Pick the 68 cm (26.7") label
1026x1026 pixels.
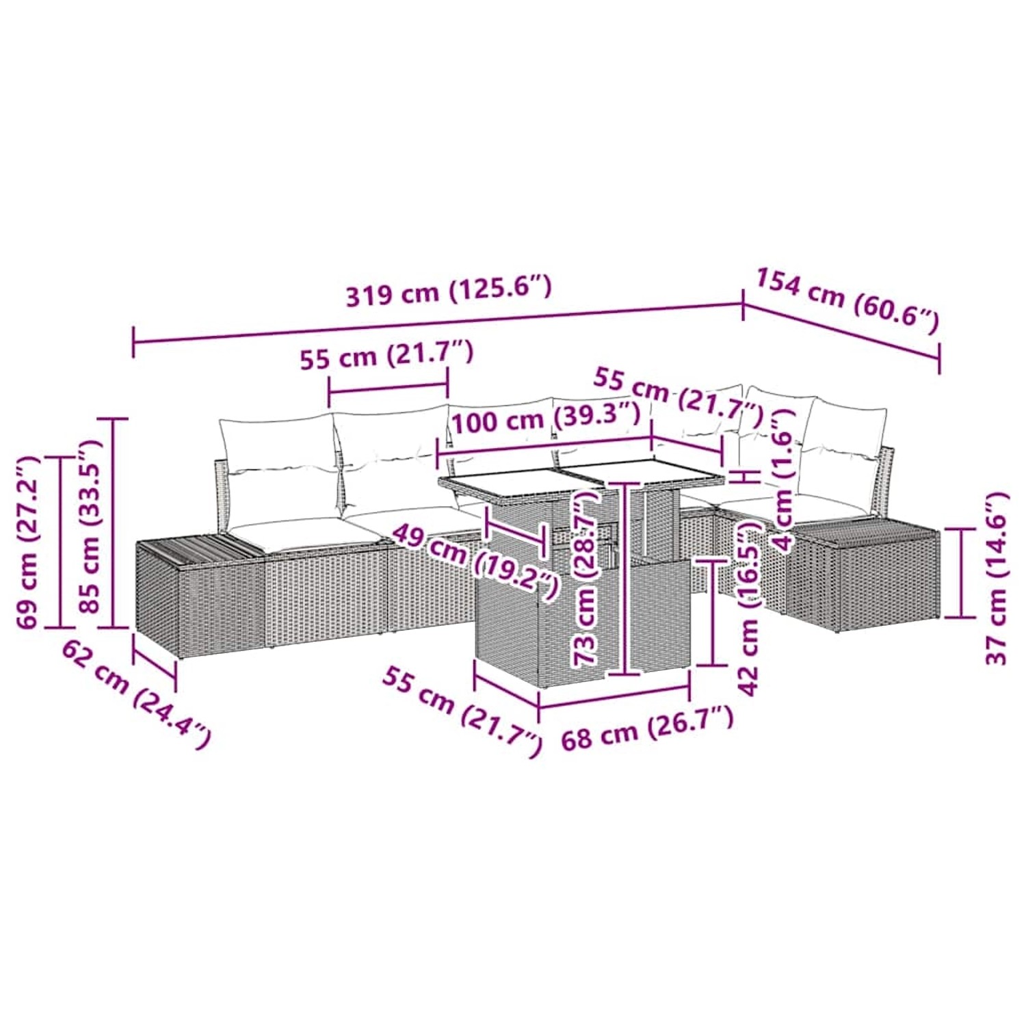point(646,729)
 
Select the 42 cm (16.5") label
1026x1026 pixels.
point(750,609)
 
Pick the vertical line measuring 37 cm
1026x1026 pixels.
point(961,573)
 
